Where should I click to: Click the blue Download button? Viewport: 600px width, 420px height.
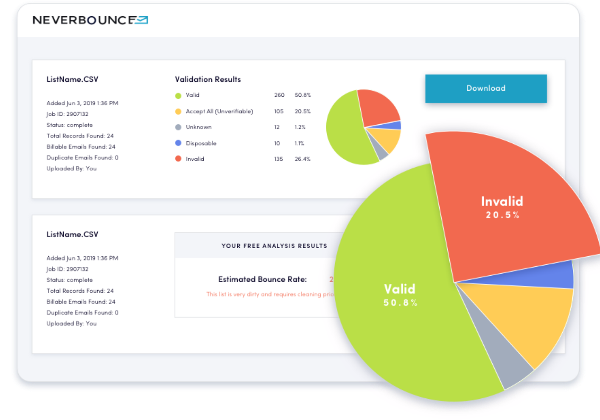[486, 89]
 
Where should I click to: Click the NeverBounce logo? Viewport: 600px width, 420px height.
[90, 20]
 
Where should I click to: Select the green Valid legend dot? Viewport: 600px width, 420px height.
[178, 95]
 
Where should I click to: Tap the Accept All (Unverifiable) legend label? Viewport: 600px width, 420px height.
[219, 112]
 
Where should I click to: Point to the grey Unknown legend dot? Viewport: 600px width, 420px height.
[178, 127]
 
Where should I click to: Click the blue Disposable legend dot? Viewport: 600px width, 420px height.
[178, 143]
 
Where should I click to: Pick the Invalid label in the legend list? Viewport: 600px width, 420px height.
[195, 159]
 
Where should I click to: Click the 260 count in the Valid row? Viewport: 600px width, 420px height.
[279, 95]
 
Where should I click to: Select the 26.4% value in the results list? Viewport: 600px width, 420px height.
[303, 159]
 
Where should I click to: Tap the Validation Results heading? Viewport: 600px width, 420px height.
[208, 79]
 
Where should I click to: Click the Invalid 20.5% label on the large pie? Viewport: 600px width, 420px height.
[502, 207]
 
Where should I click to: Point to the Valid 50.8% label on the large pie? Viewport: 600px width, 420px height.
[400, 295]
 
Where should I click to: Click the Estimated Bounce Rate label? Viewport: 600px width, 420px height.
[262, 280]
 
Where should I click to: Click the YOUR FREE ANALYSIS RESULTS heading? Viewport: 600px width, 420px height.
[274, 246]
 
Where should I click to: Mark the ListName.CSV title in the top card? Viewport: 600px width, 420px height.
[72, 79]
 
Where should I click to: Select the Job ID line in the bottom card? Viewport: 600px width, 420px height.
[67, 269]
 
